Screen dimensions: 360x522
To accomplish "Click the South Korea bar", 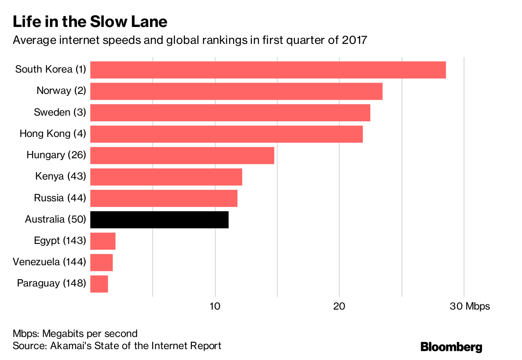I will (268, 70).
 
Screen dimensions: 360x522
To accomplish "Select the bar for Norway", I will (236, 91).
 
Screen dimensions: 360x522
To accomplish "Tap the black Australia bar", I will (159, 220).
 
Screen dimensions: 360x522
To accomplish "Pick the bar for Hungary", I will (182, 156).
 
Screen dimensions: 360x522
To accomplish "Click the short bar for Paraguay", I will (99, 283).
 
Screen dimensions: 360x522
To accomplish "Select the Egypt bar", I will (103, 241).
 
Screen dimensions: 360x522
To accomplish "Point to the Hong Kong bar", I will (226, 134).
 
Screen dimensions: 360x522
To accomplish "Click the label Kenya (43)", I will (60, 176).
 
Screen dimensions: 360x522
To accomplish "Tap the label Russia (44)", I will (60, 198).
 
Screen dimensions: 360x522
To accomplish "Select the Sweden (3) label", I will (60, 112).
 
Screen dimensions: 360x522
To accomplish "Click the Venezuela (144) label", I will (49, 262).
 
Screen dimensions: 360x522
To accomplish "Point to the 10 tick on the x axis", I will (215, 306).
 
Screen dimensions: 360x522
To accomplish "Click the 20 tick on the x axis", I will (339, 306).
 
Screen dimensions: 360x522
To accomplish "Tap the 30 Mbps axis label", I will (469, 306).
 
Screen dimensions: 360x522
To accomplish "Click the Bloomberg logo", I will (451, 347).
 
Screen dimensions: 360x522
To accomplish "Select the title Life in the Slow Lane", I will (90, 21).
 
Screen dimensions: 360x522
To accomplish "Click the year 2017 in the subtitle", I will (355, 40).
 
